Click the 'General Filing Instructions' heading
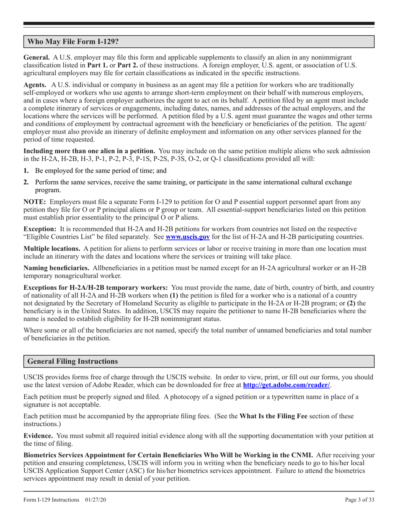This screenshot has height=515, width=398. (x=72, y=361)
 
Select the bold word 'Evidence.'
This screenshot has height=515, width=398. (x=38, y=436)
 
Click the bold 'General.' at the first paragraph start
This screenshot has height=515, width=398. (x=37, y=57)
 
